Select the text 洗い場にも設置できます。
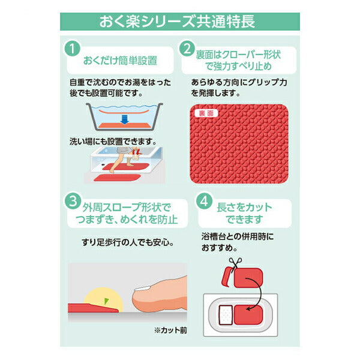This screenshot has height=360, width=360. pos(113,142)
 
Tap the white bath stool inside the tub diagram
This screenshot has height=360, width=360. pos(225,314)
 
